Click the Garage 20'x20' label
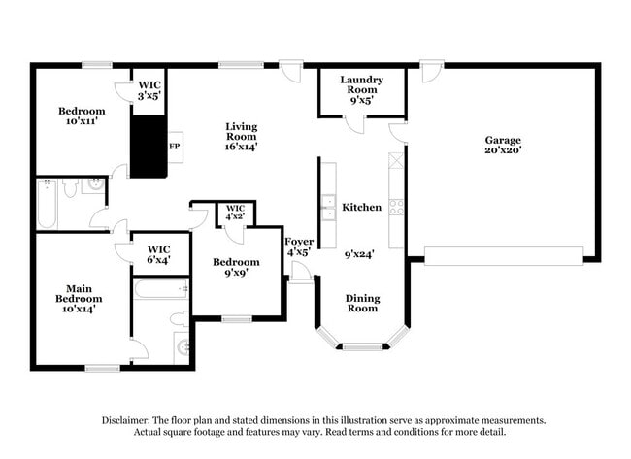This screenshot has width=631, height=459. click(503, 146)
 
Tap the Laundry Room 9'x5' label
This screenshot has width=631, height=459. click(361, 89)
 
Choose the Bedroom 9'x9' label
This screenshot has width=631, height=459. click(236, 267)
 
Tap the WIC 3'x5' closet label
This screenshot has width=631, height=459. click(149, 90)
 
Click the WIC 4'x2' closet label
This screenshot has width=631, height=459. click(235, 213)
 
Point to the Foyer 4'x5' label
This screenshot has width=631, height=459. click(298, 246)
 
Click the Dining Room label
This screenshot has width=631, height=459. click(362, 304)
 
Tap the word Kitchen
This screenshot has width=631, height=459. click(361, 208)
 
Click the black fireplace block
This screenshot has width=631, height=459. click(149, 147)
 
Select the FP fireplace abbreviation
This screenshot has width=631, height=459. click(175, 147)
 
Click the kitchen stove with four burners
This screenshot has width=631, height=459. click(396, 206)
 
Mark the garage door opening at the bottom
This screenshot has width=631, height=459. click(504, 255)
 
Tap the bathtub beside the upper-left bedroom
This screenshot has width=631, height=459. click(47, 203)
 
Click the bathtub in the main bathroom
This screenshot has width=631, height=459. click(161, 288)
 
